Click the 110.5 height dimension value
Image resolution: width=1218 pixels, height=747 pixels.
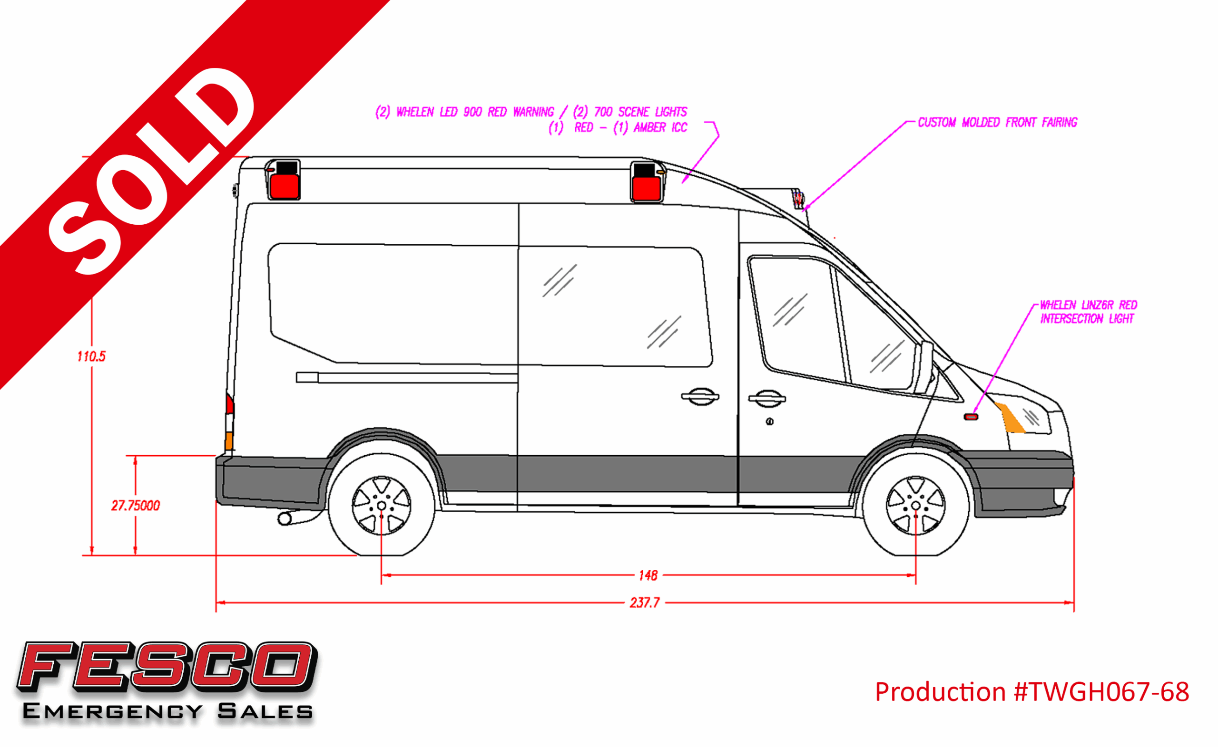[x=91, y=356]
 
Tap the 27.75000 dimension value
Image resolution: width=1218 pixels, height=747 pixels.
[x=136, y=506]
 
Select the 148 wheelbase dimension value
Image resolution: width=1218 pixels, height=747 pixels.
[x=648, y=575]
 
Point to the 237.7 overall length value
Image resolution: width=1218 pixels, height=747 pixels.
[x=644, y=603]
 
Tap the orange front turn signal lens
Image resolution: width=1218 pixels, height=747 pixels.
[x=1010, y=418]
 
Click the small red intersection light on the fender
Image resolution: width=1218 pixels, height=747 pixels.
[x=971, y=418]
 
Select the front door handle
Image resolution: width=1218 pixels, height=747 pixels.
[x=766, y=398]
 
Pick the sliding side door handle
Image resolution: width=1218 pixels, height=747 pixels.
[x=700, y=396]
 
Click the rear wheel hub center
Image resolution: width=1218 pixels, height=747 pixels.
[x=381, y=506]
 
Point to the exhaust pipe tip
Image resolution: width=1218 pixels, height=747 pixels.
[x=285, y=519]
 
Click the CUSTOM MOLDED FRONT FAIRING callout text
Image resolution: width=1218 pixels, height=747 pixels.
[x=997, y=123]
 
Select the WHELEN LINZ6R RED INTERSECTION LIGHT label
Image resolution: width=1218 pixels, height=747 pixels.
[x=1089, y=312]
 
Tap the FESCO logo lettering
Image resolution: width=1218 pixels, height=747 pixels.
[x=167, y=667]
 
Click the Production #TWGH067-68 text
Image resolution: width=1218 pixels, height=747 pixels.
[x=1032, y=692]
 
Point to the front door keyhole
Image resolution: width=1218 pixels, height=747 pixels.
[x=769, y=421]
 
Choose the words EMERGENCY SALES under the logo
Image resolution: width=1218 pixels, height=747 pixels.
[x=167, y=711]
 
